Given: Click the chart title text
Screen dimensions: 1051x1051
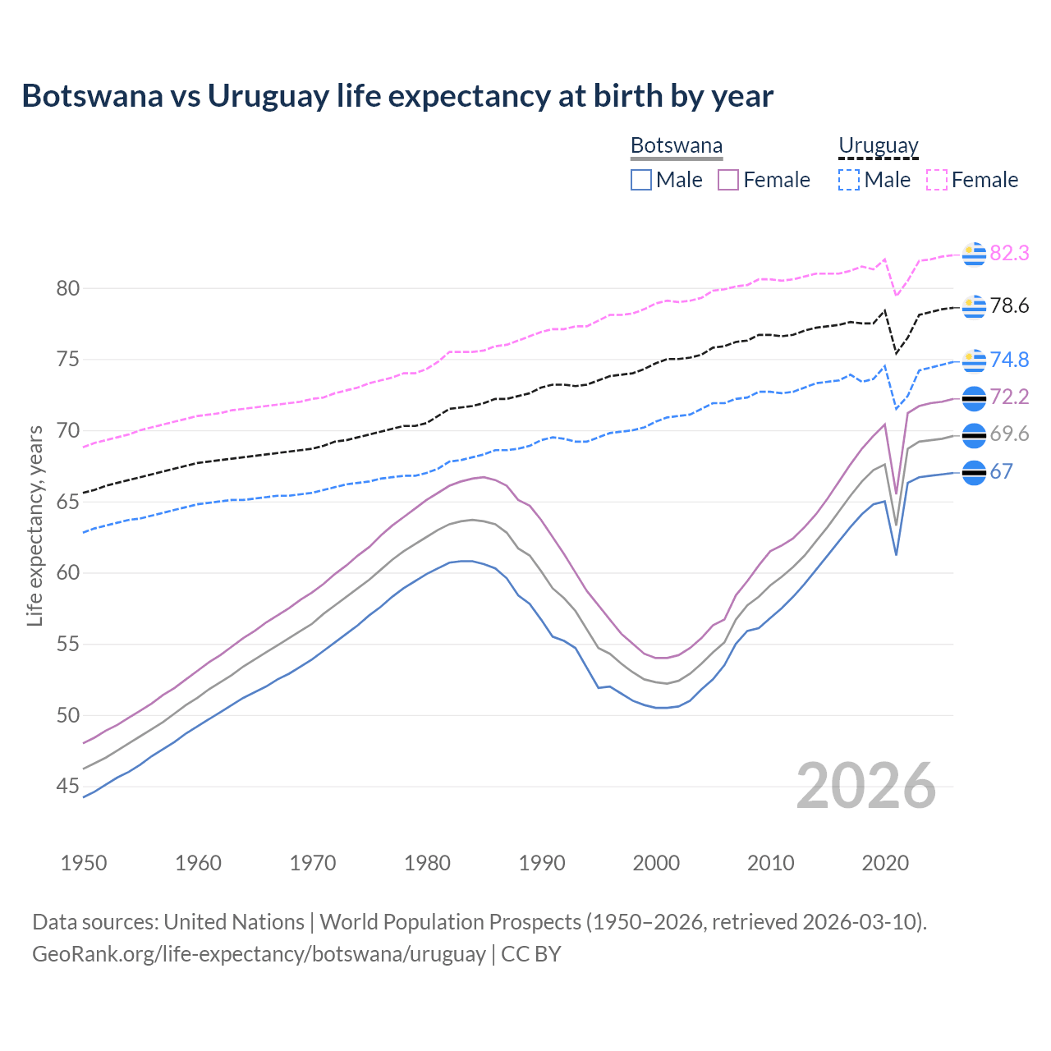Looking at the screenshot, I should tap(397, 96).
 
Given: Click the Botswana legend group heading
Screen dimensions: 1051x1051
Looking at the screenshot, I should tap(677, 146).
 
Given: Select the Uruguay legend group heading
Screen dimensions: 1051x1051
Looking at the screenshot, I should tap(878, 146).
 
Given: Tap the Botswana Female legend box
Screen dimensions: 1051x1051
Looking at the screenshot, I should tap(728, 180).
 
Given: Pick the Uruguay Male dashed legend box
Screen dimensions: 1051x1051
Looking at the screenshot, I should tap(849, 180).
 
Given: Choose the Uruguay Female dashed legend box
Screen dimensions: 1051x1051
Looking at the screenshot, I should tap(937, 180).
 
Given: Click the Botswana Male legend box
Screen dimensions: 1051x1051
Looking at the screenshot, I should tap(641, 180).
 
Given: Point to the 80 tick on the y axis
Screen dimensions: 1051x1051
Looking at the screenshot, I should tap(68, 288).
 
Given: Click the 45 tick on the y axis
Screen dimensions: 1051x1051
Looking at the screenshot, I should tap(68, 787).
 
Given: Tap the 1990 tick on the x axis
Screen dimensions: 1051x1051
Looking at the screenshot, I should tap(542, 863).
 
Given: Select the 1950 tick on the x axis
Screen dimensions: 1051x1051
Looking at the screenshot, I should tap(85, 863).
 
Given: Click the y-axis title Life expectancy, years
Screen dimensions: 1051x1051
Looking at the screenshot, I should tap(35, 525).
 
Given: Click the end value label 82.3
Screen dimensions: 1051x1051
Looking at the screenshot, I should tap(1009, 254).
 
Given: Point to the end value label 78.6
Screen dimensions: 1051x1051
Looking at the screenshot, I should tap(1009, 306).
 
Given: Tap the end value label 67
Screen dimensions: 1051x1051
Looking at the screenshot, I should tap(1001, 472).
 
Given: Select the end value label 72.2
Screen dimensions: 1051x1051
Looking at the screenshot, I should tap(1009, 397).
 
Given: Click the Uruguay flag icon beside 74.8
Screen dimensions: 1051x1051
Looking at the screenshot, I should tap(974, 360).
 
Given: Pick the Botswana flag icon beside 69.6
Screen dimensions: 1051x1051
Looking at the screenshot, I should tap(974, 435).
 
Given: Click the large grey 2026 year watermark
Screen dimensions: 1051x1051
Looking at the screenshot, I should tap(866, 787).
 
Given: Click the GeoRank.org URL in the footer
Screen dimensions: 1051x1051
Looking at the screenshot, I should tap(259, 954).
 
